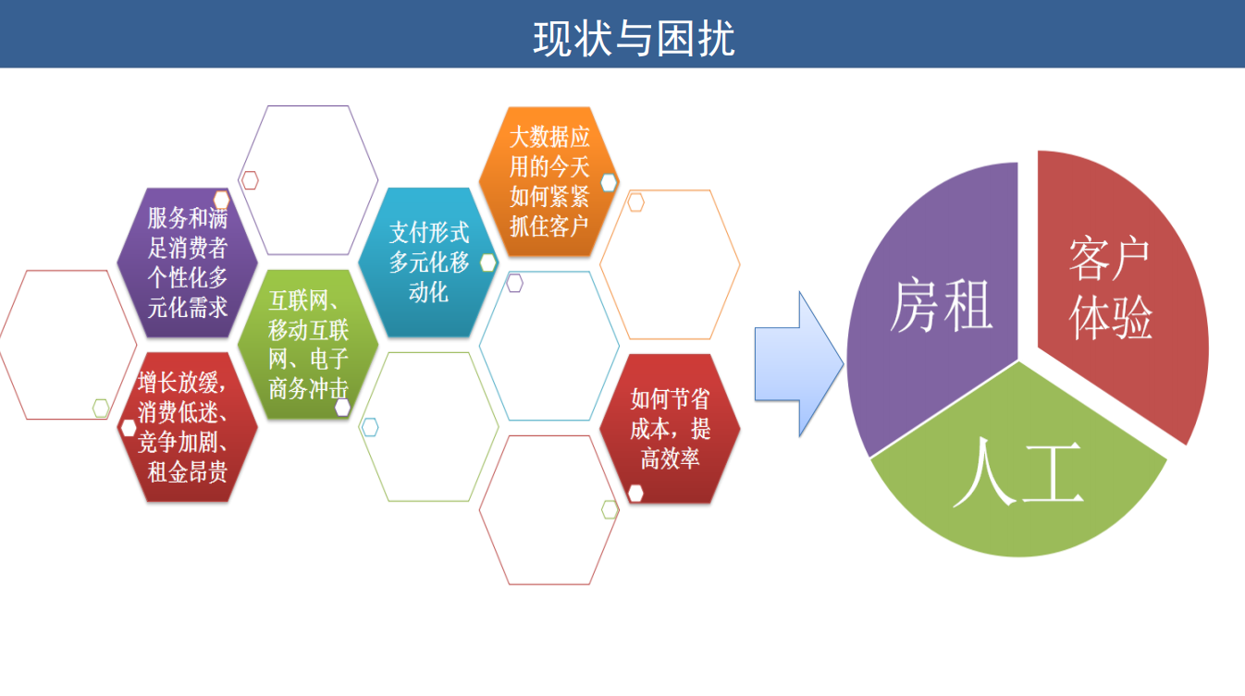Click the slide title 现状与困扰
[x=634, y=38]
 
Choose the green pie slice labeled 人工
[x=1018, y=472]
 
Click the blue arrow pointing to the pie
[x=799, y=364]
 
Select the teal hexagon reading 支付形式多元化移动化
[x=428, y=263]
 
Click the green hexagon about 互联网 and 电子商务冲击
[x=308, y=345]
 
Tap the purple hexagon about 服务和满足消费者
[x=188, y=263]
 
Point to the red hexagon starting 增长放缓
[x=188, y=427]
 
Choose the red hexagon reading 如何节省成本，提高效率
[x=670, y=428]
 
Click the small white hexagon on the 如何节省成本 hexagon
[x=635, y=493]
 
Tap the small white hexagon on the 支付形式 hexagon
[x=488, y=263]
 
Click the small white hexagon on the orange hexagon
[x=609, y=183]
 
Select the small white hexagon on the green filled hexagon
[x=342, y=408]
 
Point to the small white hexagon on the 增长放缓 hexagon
[x=129, y=428]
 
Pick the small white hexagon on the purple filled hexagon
[x=222, y=200]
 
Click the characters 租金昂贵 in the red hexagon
[x=188, y=472]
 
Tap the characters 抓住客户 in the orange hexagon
[x=549, y=226]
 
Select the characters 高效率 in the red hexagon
[x=670, y=458]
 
